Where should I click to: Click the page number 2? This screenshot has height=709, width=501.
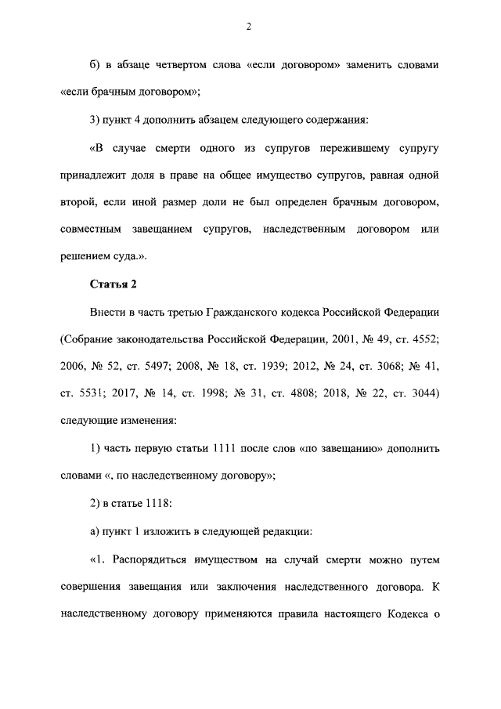click(x=248, y=27)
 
